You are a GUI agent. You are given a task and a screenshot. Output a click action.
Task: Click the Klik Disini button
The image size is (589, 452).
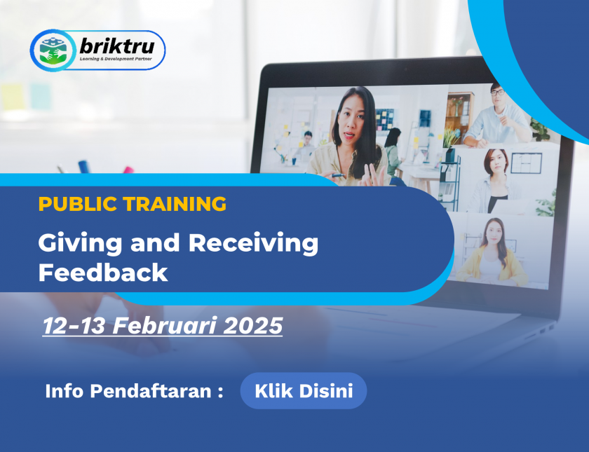(304, 391)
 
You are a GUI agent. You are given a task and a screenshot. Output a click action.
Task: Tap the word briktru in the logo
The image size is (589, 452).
(117, 46)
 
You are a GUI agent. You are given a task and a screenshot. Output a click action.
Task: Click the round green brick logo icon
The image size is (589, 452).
(53, 50)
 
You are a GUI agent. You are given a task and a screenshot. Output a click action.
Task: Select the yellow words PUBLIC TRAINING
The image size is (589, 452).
(133, 204)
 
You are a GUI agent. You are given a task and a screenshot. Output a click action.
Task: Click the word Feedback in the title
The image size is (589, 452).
(103, 273)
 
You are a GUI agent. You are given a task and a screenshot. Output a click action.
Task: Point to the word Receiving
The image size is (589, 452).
(253, 244)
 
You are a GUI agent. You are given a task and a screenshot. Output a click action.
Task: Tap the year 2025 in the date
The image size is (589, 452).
(252, 325)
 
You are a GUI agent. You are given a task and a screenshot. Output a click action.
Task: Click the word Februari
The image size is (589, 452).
(165, 325)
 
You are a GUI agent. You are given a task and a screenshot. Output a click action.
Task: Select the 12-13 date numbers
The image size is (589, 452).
(74, 325)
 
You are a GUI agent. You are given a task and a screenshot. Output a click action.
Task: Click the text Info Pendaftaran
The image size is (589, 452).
(128, 391)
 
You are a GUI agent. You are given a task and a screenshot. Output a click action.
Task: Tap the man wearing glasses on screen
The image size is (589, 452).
(496, 116)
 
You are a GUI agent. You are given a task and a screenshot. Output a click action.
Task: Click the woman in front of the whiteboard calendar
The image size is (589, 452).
(493, 180)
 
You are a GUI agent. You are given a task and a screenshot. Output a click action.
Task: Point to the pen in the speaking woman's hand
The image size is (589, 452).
(338, 175)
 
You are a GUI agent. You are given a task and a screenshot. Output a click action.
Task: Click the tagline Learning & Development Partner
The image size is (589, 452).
(116, 60)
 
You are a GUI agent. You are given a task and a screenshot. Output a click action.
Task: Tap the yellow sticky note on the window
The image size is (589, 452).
(12, 97)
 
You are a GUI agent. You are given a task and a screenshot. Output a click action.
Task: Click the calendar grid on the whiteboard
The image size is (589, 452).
(526, 163)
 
